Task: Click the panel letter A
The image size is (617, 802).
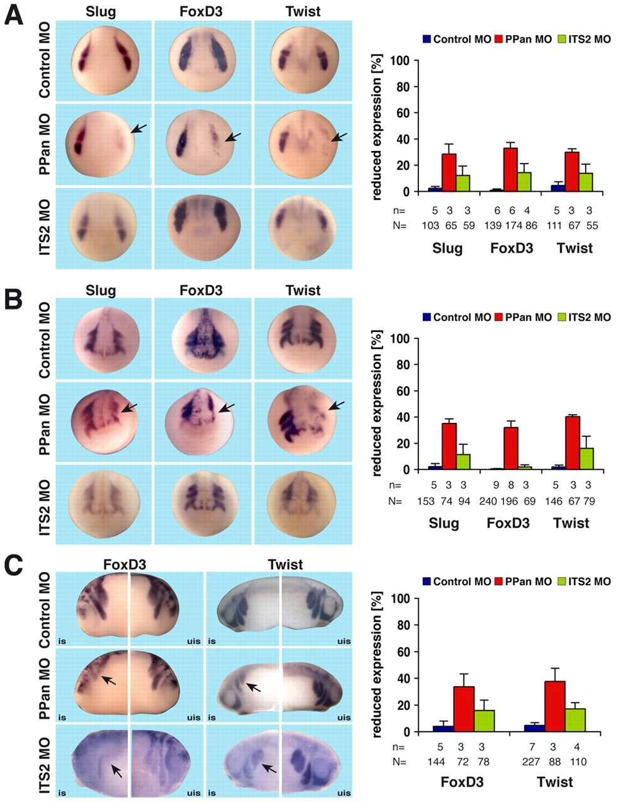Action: pyautogui.click(x=14, y=14)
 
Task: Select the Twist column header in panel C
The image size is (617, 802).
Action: pyautogui.click(x=285, y=565)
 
